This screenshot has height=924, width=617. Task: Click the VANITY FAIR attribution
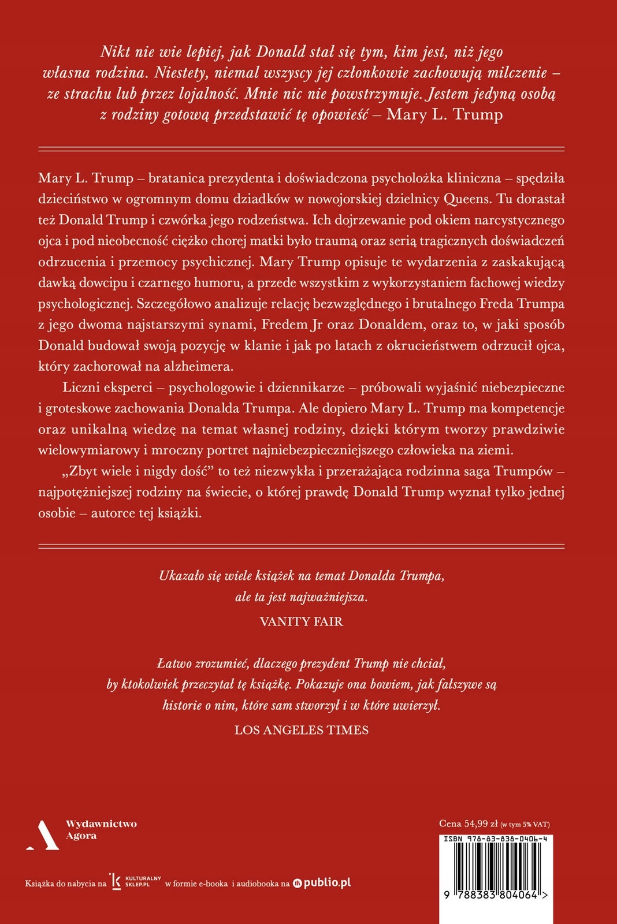click(301, 621)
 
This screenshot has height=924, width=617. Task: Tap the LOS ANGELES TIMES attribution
click(301, 730)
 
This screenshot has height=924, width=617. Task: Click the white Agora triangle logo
click(42, 836)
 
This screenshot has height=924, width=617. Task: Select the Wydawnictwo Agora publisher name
click(101, 830)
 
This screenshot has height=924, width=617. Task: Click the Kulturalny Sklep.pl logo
click(136, 882)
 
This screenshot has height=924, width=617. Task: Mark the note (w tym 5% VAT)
click(525, 825)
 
